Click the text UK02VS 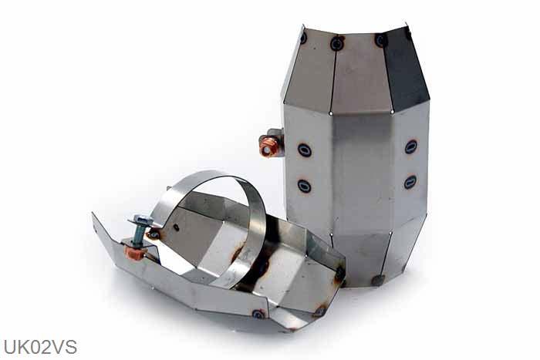click(x=39, y=347)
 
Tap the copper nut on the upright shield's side click(x=269, y=146)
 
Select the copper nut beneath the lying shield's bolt click(x=137, y=252)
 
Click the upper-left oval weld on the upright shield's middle click(x=305, y=150)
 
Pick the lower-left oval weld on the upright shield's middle click(x=305, y=186)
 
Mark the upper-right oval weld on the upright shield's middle click(x=411, y=146)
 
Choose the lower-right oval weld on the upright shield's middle click(x=410, y=182)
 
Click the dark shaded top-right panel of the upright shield click(x=404, y=69)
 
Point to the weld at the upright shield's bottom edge click(x=377, y=280)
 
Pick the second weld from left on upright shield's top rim click(x=337, y=44)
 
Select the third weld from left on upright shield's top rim click(x=381, y=39)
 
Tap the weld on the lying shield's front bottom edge click(x=258, y=314)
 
